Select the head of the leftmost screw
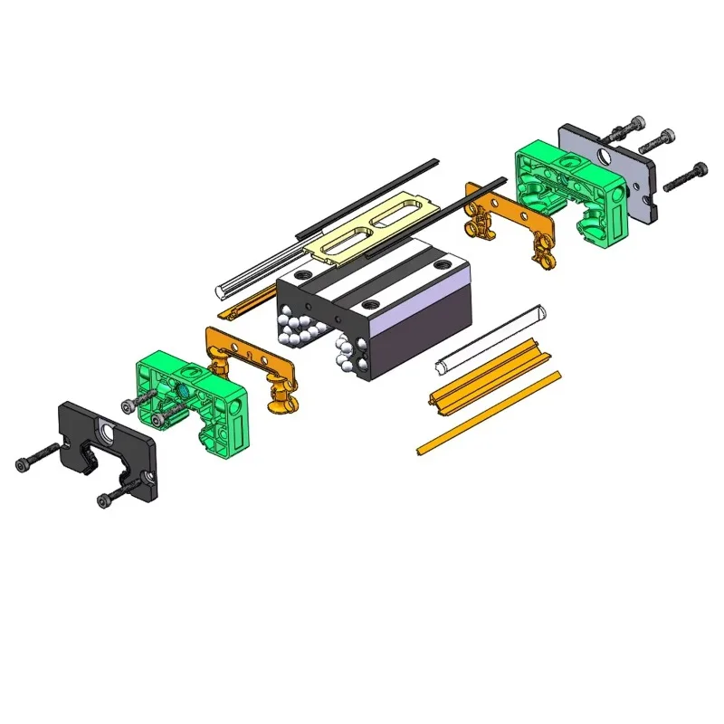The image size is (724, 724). tap(23, 466)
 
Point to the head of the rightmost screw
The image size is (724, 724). tap(701, 169)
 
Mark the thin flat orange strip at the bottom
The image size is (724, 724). tap(489, 412)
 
